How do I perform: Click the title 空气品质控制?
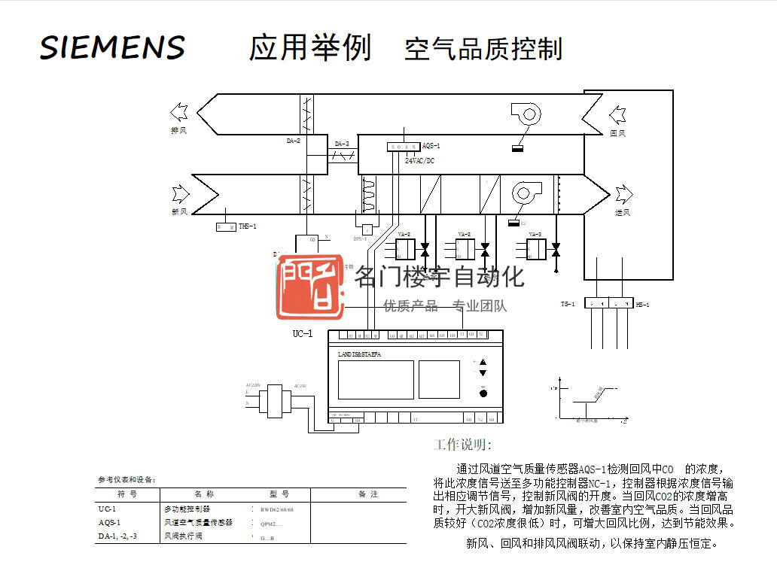coord(483,49)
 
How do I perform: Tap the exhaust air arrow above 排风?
coord(179,113)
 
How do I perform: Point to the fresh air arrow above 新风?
coord(181,194)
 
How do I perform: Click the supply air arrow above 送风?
coord(623,195)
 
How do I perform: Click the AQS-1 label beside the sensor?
coord(431,146)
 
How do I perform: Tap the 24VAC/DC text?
coord(419,160)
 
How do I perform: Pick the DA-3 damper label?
coord(342,144)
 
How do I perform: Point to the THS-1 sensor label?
coord(248,226)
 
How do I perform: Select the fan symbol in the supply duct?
coord(526,193)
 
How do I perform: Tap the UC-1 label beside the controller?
coord(302,333)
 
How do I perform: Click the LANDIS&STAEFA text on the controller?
coord(359,354)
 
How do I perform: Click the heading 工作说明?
coord(462,445)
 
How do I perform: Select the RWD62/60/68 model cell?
coord(277,510)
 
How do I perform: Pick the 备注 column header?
coord(368,494)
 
